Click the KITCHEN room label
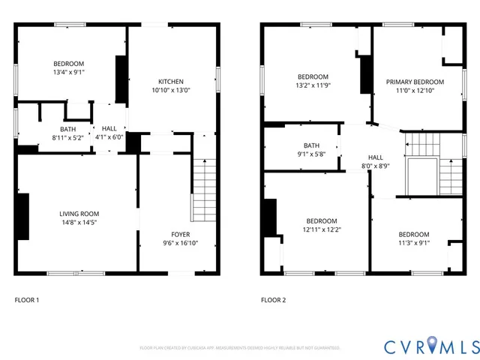coord(170,82)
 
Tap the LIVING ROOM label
coord(79,214)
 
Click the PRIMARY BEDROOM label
coord(415,82)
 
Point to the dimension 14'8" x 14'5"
coord(79,222)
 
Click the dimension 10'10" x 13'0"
coord(170,90)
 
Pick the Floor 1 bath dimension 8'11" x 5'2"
coord(68,137)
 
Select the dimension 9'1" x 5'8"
coord(311,154)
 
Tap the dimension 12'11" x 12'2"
coord(321,229)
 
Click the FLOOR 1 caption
coord(27,300)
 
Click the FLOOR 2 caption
coord(274,300)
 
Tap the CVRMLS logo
coord(430,346)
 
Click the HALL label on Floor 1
coord(109,128)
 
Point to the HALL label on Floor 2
coord(375,157)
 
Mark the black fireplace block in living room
coord(22,217)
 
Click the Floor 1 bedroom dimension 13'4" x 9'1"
coord(68,72)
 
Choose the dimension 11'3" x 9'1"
coord(413,243)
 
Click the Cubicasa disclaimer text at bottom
coord(240,348)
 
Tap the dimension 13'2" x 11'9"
coord(313,85)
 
